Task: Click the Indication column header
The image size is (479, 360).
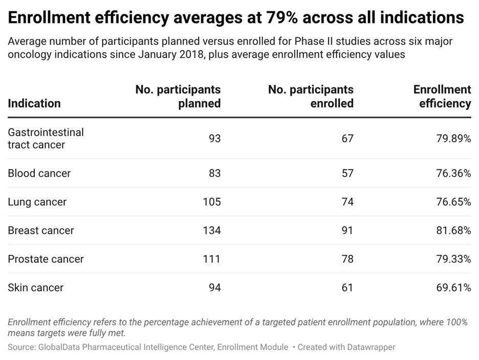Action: click(34, 103)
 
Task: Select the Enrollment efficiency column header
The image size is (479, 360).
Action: click(442, 96)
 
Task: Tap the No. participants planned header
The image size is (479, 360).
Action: click(178, 96)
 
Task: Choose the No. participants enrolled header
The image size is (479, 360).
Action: click(311, 96)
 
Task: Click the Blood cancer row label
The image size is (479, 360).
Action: click(39, 173)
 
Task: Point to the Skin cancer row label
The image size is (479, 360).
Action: click(35, 288)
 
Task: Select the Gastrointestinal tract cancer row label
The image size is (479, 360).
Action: click(46, 138)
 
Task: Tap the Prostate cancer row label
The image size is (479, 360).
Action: click(46, 259)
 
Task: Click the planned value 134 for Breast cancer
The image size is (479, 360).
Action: click(212, 230)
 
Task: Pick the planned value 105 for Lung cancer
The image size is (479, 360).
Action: click(212, 202)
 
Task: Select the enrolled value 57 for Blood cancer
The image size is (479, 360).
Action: click(347, 173)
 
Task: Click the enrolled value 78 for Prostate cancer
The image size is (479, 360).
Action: click(347, 259)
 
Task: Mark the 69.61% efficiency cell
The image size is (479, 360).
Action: click(453, 288)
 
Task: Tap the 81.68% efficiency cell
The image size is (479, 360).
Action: click(453, 230)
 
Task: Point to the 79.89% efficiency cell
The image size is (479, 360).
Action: click(453, 138)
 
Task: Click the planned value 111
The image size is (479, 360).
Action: click(212, 259)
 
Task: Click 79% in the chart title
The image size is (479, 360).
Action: click(281, 17)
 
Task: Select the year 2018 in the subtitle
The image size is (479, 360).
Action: click(193, 54)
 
